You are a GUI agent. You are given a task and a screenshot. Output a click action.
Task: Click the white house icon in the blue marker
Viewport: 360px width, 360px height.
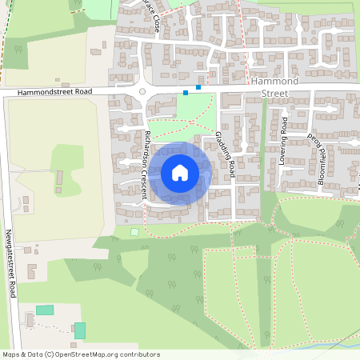(180, 172)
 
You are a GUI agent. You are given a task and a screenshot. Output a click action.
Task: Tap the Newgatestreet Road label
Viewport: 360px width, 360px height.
(10, 265)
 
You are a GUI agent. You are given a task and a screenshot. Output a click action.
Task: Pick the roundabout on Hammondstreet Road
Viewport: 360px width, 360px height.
(142, 91)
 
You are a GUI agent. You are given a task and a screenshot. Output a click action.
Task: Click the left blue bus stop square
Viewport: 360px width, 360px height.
(186, 93)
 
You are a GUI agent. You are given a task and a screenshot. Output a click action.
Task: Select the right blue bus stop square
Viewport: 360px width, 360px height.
(198, 86)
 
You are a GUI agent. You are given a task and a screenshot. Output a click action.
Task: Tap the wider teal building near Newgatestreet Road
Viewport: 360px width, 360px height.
(45, 310)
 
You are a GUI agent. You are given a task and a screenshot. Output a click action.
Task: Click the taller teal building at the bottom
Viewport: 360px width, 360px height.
(80, 330)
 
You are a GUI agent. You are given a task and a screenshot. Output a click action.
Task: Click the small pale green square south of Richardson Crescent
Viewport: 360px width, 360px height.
(134, 232)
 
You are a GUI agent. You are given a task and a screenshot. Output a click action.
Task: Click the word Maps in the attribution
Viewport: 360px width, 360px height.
(11, 354)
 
